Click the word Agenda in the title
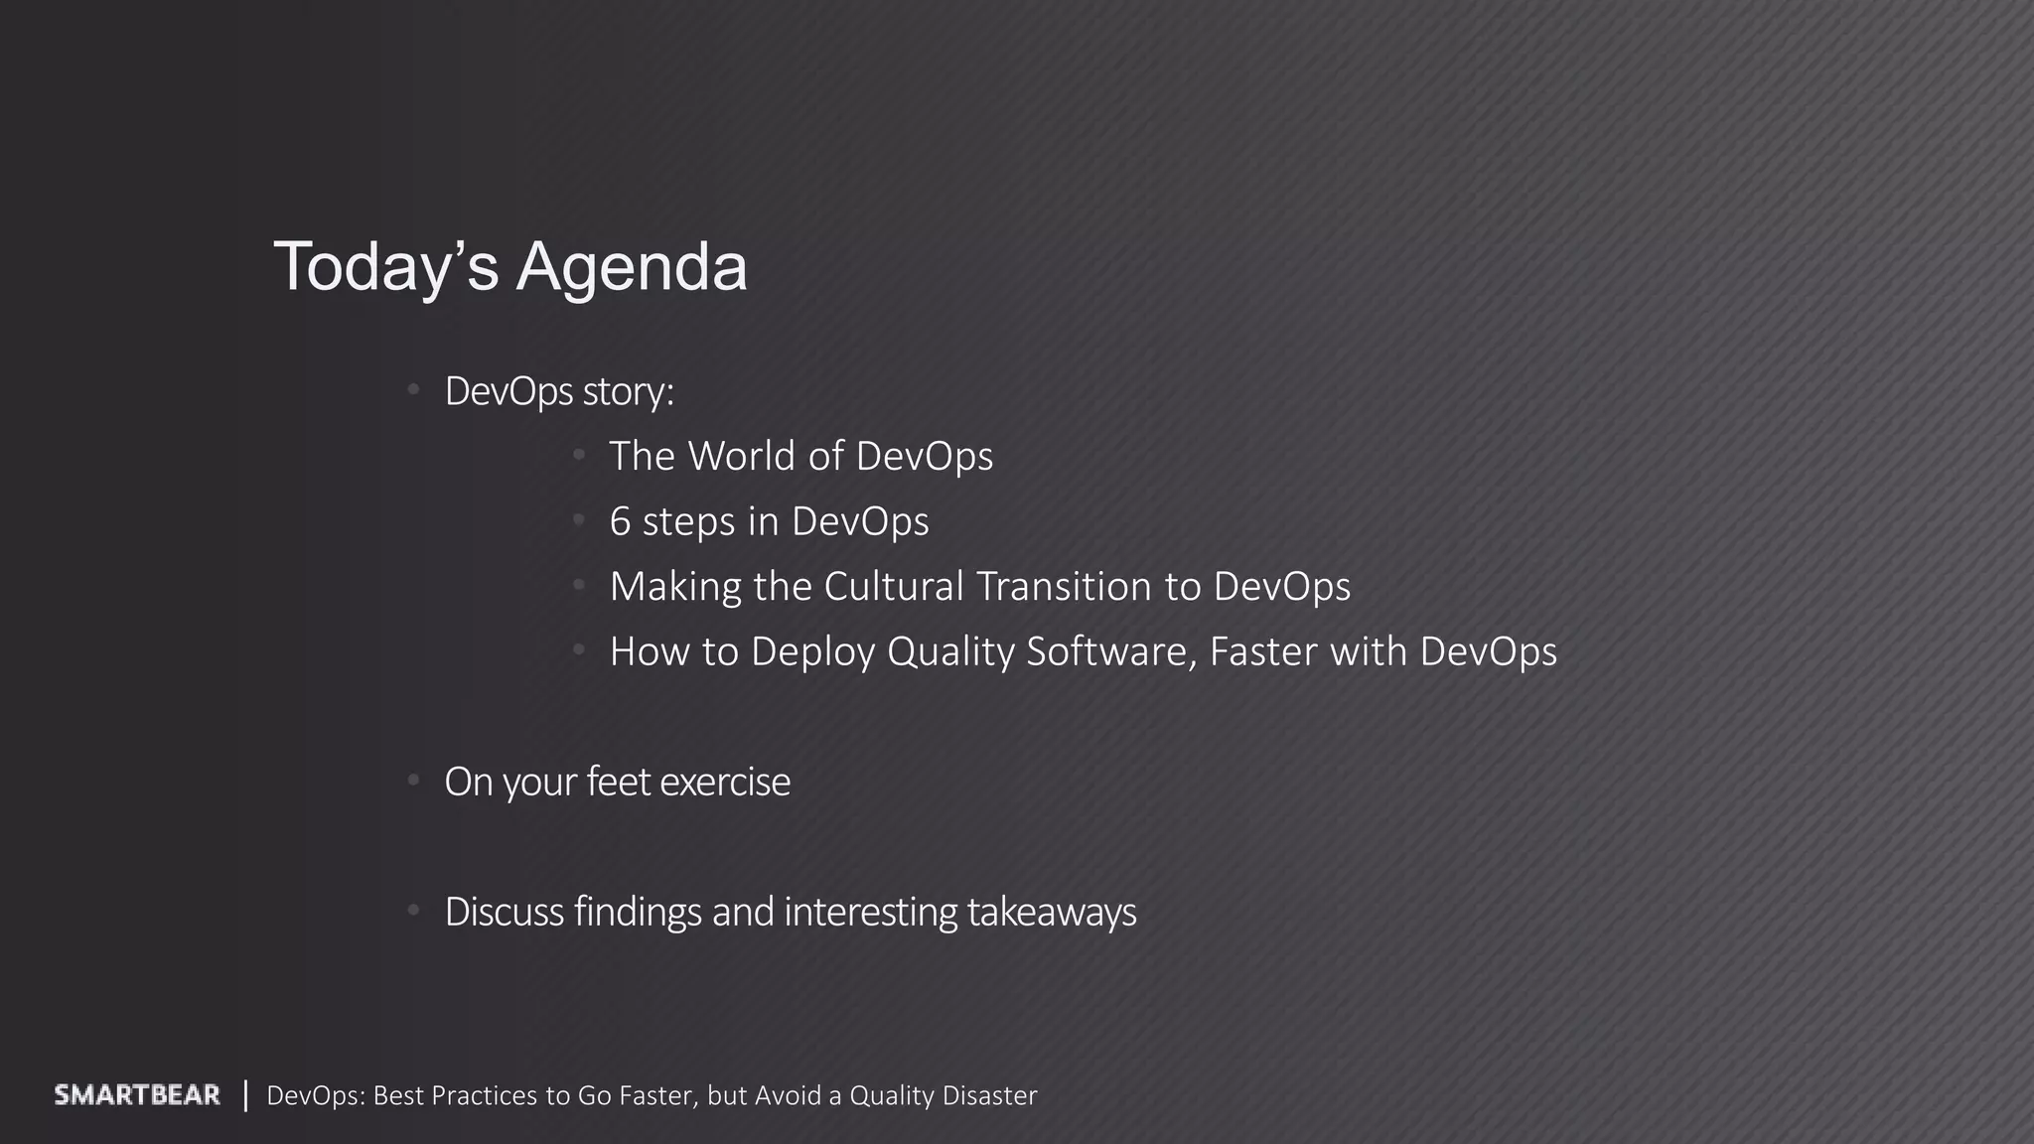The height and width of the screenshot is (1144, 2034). coord(631,267)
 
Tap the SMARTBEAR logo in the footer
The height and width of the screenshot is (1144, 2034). coord(137,1095)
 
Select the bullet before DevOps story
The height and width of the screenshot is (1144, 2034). coord(414,390)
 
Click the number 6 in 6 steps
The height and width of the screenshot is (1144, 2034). coord(620,521)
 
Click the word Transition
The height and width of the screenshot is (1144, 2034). coord(1064,586)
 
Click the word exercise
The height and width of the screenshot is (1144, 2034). coord(725,783)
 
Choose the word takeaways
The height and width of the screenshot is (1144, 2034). coord(1052,913)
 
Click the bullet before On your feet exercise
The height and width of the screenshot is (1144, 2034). coord(414,782)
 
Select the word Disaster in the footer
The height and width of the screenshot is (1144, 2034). coord(989,1095)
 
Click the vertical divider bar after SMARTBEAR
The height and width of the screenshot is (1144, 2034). coord(245,1095)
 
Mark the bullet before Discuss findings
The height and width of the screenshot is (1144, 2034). coord(414,911)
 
